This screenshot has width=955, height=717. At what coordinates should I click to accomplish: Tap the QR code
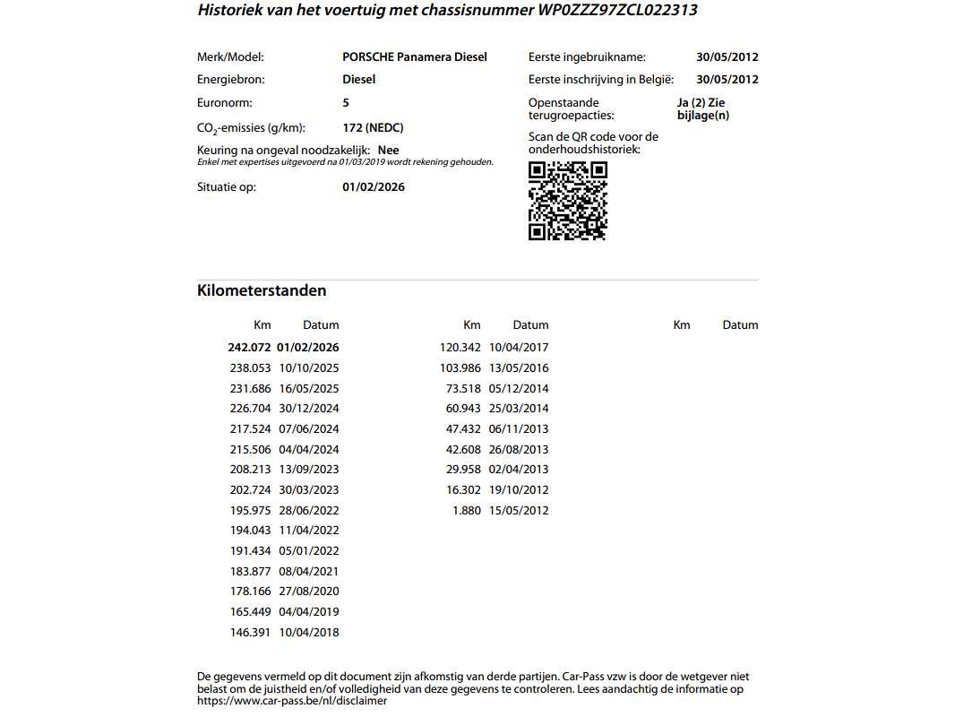(568, 202)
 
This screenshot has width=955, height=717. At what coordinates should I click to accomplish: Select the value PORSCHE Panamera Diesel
(415, 56)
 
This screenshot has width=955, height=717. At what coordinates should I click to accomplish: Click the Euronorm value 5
(346, 103)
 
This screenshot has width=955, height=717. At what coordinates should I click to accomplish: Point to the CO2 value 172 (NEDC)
(373, 128)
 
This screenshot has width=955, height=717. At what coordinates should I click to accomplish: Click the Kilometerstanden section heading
(262, 290)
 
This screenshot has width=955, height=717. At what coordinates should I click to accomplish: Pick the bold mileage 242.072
(249, 348)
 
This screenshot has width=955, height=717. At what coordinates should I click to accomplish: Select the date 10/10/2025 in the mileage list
(309, 368)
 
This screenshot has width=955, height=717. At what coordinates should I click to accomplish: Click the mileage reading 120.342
(460, 348)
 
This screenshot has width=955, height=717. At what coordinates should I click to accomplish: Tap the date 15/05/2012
(519, 511)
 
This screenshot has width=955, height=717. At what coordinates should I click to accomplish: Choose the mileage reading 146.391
(250, 633)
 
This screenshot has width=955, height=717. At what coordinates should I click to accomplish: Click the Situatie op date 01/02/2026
(374, 187)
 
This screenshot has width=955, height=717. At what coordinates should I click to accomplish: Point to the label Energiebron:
(231, 80)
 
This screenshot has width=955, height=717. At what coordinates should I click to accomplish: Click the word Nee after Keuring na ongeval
(389, 151)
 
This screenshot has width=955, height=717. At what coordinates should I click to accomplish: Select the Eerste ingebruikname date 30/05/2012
(727, 56)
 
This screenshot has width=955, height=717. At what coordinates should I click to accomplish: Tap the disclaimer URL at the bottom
(292, 702)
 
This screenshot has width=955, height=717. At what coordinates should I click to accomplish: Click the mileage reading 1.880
(466, 511)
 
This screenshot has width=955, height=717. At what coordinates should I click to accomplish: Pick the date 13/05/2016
(519, 368)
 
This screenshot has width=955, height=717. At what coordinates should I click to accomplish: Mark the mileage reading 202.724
(250, 490)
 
